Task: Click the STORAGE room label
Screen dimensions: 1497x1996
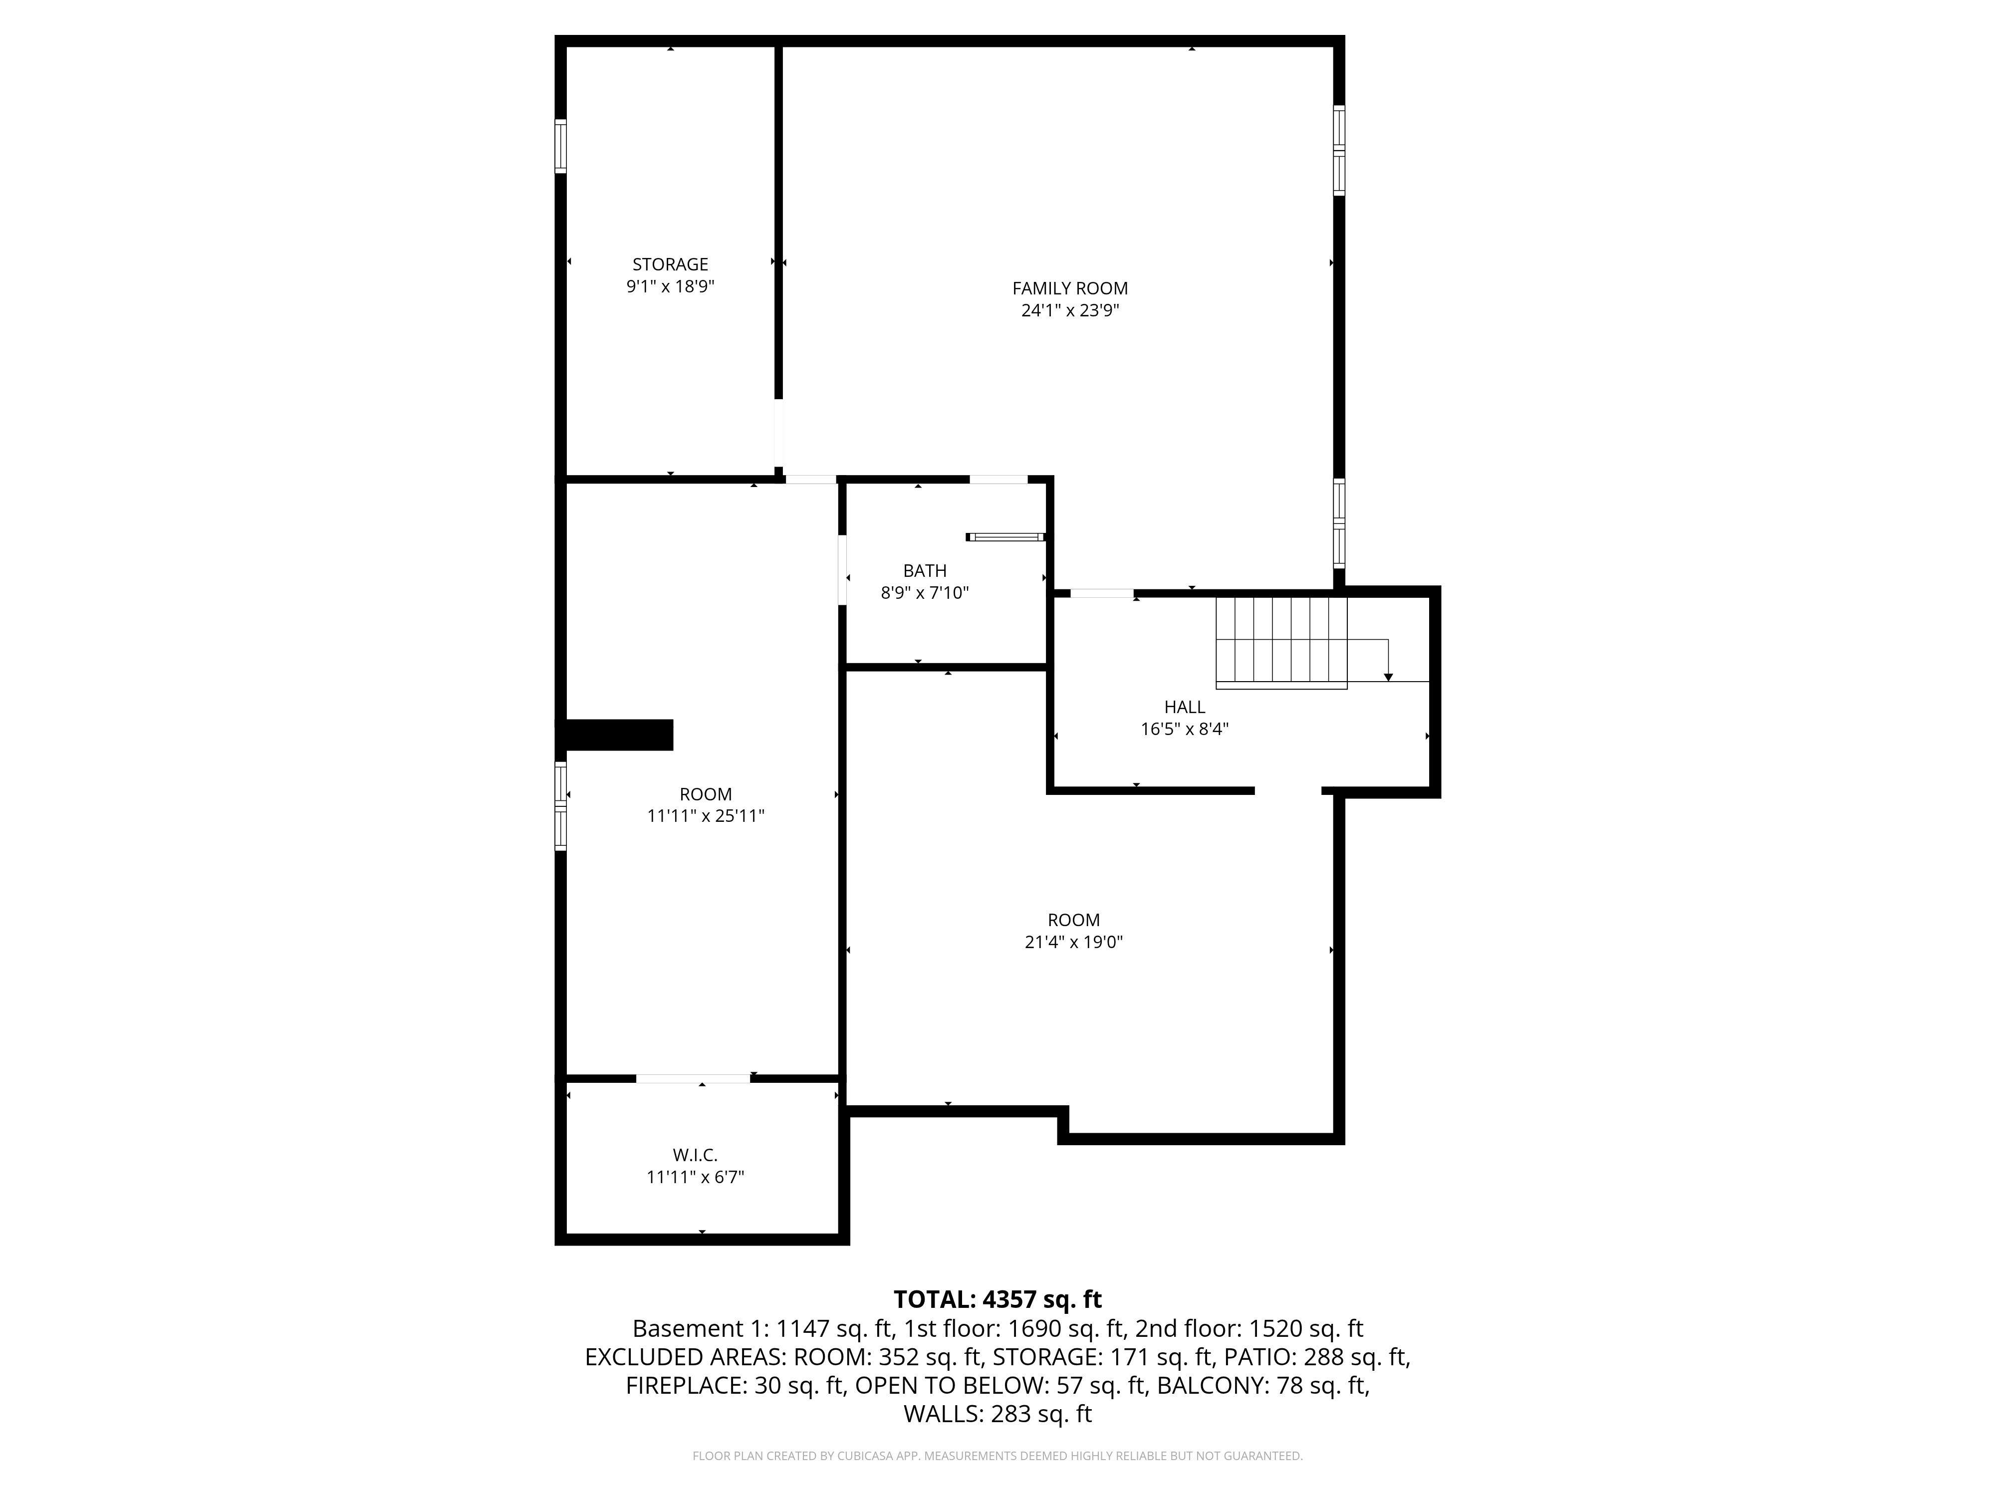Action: [670, 264]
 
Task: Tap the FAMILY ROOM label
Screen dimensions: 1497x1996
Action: [1069, 289]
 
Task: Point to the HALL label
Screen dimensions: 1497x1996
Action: [1184, 708]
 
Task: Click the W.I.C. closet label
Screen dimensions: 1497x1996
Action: [695, 1156]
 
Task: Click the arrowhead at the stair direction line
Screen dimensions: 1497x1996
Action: [1388, 677]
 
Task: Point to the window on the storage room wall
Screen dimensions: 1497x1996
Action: [560, 145]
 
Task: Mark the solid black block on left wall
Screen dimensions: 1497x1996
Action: [618, 735]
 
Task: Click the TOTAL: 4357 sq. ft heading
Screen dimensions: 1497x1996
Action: [997, 1299]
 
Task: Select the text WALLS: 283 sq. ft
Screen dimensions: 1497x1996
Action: [997, 1414]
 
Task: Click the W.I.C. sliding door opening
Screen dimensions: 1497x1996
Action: [693, 1078]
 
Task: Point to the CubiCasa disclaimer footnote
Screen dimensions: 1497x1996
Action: [997, 1456]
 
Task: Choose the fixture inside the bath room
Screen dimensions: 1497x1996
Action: [1005, 537]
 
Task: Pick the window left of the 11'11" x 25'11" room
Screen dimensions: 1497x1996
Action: [560, 806]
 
